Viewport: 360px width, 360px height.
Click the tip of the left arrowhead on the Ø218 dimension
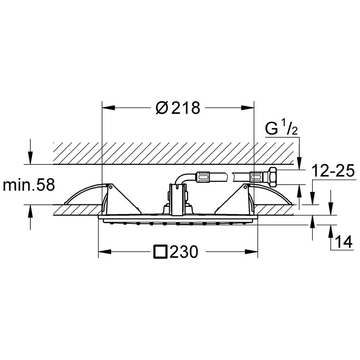pos(102,107)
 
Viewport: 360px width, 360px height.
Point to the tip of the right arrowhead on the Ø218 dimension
pos(254,107)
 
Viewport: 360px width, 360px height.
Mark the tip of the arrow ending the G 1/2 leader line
pos(299,170)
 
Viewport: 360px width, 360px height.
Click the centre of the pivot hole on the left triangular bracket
pos(110,187)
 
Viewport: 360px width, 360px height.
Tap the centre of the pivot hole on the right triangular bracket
pos(246,187)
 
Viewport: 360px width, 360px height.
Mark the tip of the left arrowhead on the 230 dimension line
pos(98,252)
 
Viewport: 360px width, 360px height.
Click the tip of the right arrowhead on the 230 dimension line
pos(258,252)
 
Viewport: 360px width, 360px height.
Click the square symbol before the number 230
pos(160,252)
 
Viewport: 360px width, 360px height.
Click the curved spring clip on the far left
pos(83,193)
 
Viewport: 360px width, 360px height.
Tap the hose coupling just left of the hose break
pos(202,177)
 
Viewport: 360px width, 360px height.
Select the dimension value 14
pos(344,242)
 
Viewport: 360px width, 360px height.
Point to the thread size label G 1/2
pos(281,129)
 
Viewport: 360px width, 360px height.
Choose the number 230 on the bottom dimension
pos(184,252)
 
